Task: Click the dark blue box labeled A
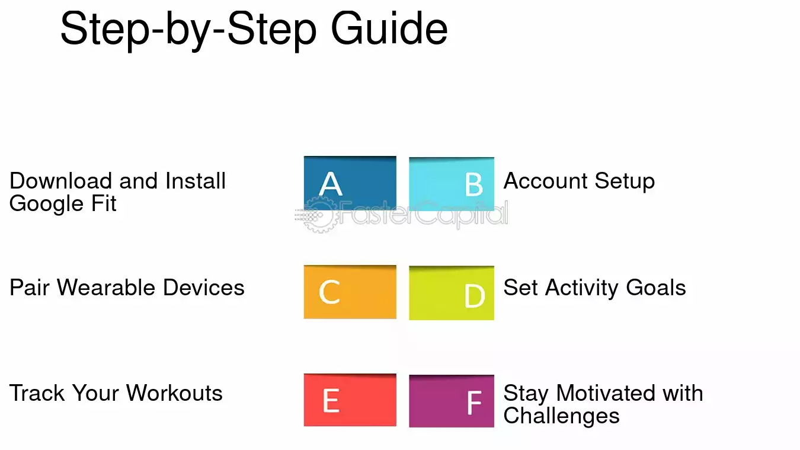[x=350, y=183]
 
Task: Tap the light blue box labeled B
[x=452, y=184]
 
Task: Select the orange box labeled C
[x=350, y=292]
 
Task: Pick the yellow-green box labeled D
[x=452, y=293]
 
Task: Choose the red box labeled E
[x=350, y=400]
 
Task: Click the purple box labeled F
[x=452, y=401]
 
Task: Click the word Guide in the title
[x=389, y=28]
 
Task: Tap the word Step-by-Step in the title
[x=188, y=31]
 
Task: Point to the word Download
[x=60, y=180]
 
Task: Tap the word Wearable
[x=105, y=288]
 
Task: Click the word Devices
[x=204, y=288]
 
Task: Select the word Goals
[x=656, y=288]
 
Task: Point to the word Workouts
[x=174, y=393]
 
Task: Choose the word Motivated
[x=606, y=393]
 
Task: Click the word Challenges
[x=561, y=416]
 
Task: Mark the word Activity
[x=581, y=289]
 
